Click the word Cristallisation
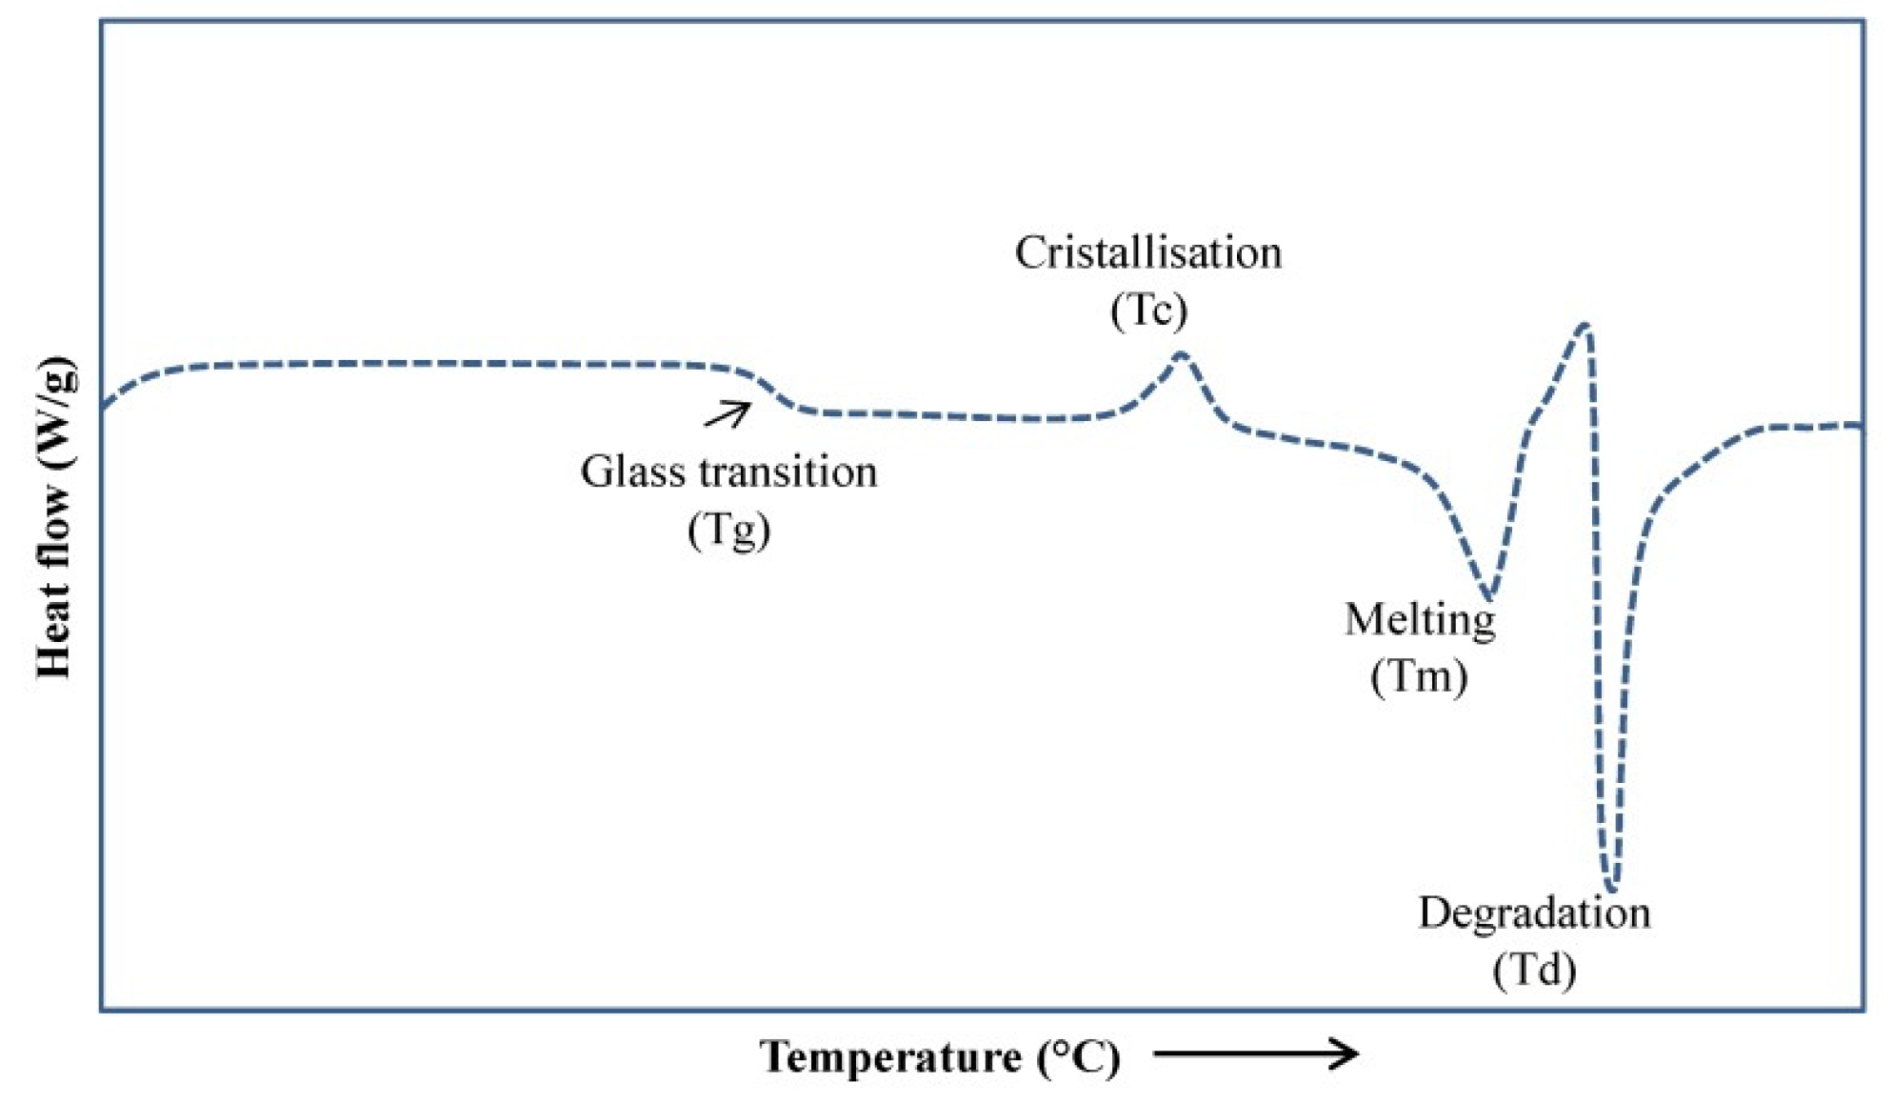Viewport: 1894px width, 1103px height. coord(1147,253)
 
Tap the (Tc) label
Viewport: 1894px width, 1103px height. coord(1148,310)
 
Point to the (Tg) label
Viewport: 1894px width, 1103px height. coord(728,530)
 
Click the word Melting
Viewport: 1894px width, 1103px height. coord(1420,620)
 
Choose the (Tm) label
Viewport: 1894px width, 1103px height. coord(1419,676)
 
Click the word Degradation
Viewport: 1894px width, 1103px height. coord(1534,912)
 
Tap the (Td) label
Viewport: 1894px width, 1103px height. coord(1534,971)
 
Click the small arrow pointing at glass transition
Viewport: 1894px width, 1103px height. coord(728,414)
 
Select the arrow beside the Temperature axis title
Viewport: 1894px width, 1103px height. coord(1255,1053)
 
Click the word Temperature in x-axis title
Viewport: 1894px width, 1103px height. coord(890,1056)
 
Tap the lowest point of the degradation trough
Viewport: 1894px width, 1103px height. coord(1612,888)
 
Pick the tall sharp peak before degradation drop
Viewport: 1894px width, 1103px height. coord(1584,326)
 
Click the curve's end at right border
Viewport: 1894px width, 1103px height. coord(1862,425)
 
